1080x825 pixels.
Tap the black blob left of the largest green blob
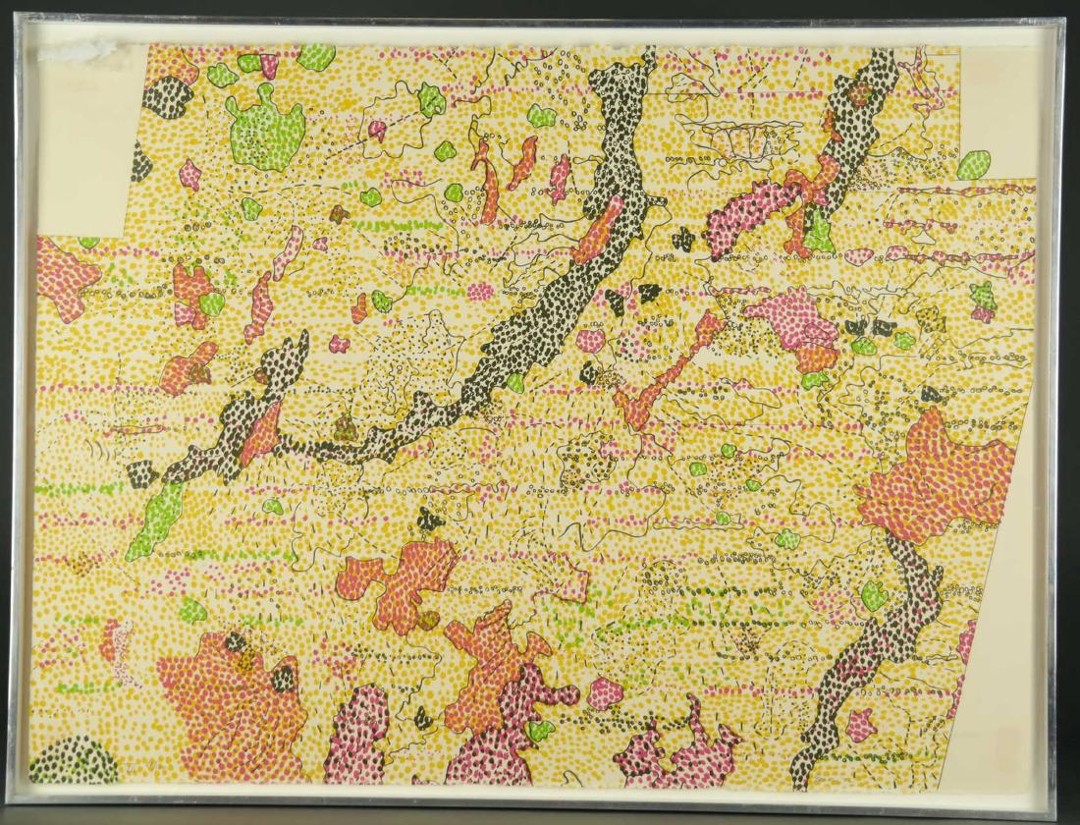pos(169,97)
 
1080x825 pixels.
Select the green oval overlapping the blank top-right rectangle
pos(973,164)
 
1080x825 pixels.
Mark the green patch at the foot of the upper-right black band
pos(819,232)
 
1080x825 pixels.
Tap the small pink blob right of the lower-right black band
pos(861,725)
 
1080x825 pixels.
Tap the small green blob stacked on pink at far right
pos(982,294)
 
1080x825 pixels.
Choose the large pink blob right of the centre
pos(795,319)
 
